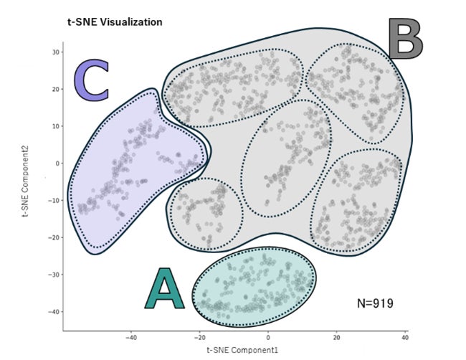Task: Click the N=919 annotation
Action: pos(375,303)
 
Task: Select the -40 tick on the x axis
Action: pos(131,337)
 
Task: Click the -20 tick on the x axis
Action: pos(200,337)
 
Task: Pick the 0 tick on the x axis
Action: pos(269,337)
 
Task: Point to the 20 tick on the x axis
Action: pos(337,337)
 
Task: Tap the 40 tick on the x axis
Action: pos(405,337)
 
